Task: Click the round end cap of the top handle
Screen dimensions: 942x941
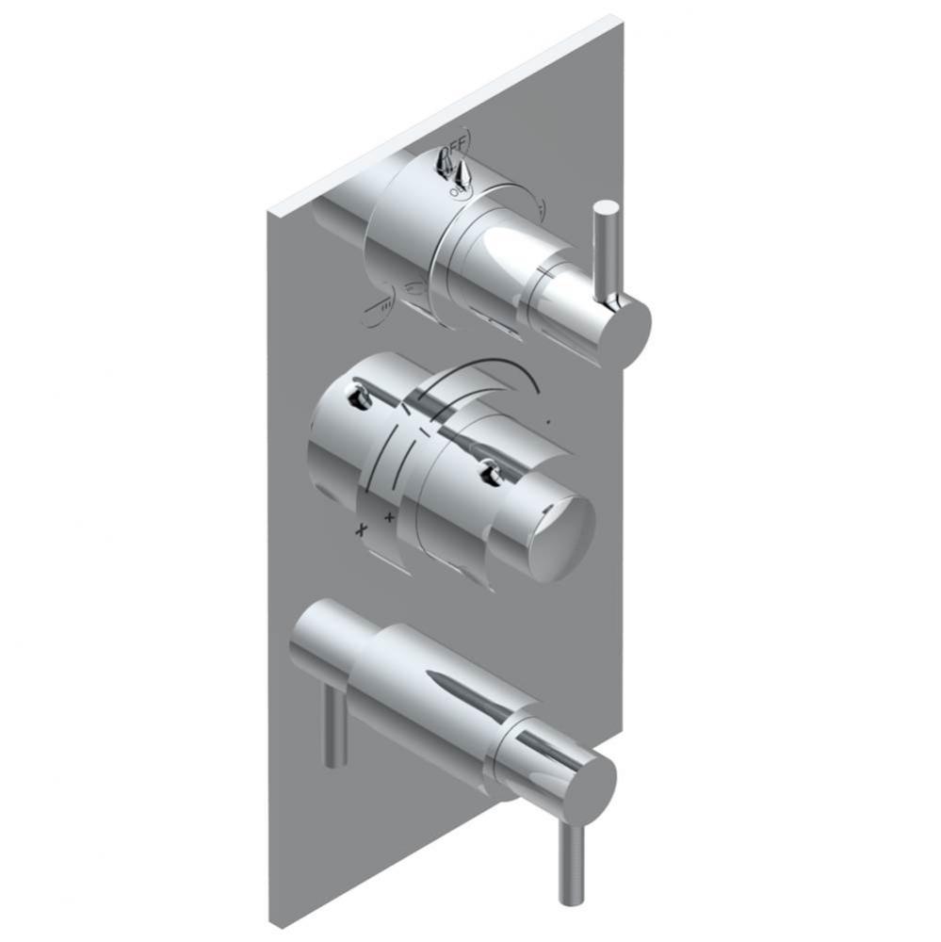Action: click(x=625, y=325)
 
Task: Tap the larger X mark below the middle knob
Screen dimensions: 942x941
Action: click(x=359, y=530)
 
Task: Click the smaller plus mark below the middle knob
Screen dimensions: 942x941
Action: click(x=389, y=517)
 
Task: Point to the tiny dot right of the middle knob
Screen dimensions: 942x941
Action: click(x=550, y=424)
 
